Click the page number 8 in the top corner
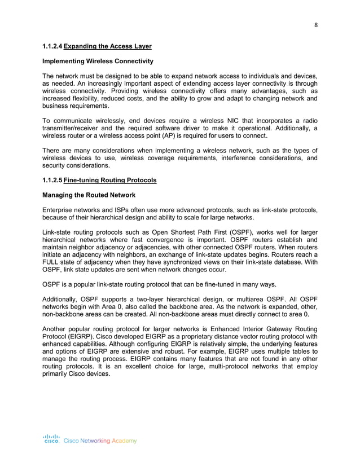pyautogui.click(x=315, y=24)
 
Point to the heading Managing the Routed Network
pyautogui.click(x=89, y=195)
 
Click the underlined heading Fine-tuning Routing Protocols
pyautogui.click(x=110, y=181)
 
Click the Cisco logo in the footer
pyautogui.click(x=51, y=438)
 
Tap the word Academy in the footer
pyautogui.click(x=124, y=441)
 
